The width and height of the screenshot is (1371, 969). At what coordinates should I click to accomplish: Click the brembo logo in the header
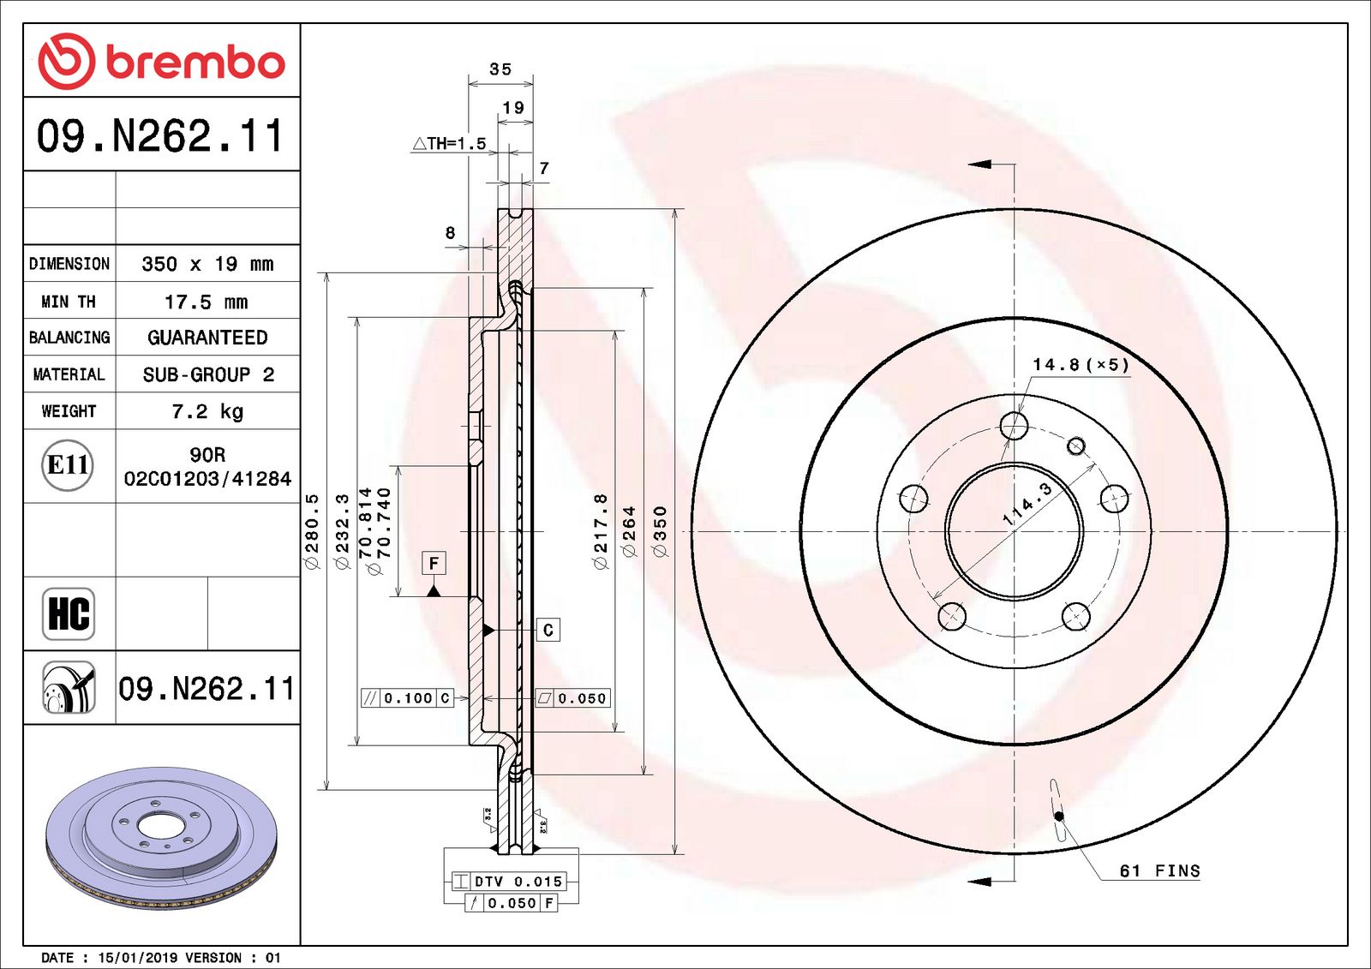pyautogui.click(x=161, y=62)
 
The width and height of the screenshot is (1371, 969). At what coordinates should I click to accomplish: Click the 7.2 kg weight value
pyautogui.click(x=207, y=411)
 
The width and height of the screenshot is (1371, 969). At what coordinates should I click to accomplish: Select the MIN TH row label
pyautogui.click(x=69, y=302)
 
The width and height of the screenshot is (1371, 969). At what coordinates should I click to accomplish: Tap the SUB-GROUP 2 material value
pyautogui.click(x=207, y=374)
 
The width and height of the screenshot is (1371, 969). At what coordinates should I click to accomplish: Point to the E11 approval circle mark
pyautogui.click(x=68, y=465)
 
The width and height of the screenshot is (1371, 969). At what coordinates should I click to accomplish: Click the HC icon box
pyautogui.click(x=69, y=613)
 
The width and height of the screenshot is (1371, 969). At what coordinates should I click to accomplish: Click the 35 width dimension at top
pyautogui.click(x=500, y=69)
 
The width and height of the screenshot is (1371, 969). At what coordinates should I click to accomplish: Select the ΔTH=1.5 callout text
pyautogui.click(x=449, y=144)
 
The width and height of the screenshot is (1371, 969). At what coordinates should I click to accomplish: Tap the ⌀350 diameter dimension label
pyautogui.click(x=660, y=531)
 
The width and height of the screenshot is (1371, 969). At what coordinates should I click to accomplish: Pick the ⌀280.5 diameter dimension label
pyautogui.click(x=312, y=531)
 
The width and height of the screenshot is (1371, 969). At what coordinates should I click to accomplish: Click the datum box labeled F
pyautogui.click(x=434, y=563)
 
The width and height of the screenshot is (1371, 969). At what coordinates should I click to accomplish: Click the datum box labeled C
pyautogui.click(x=548, y=630)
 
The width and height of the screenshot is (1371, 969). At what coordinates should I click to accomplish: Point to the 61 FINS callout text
pyautogui.click(x=1159, y=870)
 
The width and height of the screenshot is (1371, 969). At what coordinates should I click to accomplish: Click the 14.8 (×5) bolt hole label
pyautogui.click(x=1081, y=365)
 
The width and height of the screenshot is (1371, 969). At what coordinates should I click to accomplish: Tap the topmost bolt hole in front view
pyautogui.click(x=1014, y=425)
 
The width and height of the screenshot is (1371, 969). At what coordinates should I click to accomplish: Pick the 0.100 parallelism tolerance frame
pyautogui.click(x=407, y=698)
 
